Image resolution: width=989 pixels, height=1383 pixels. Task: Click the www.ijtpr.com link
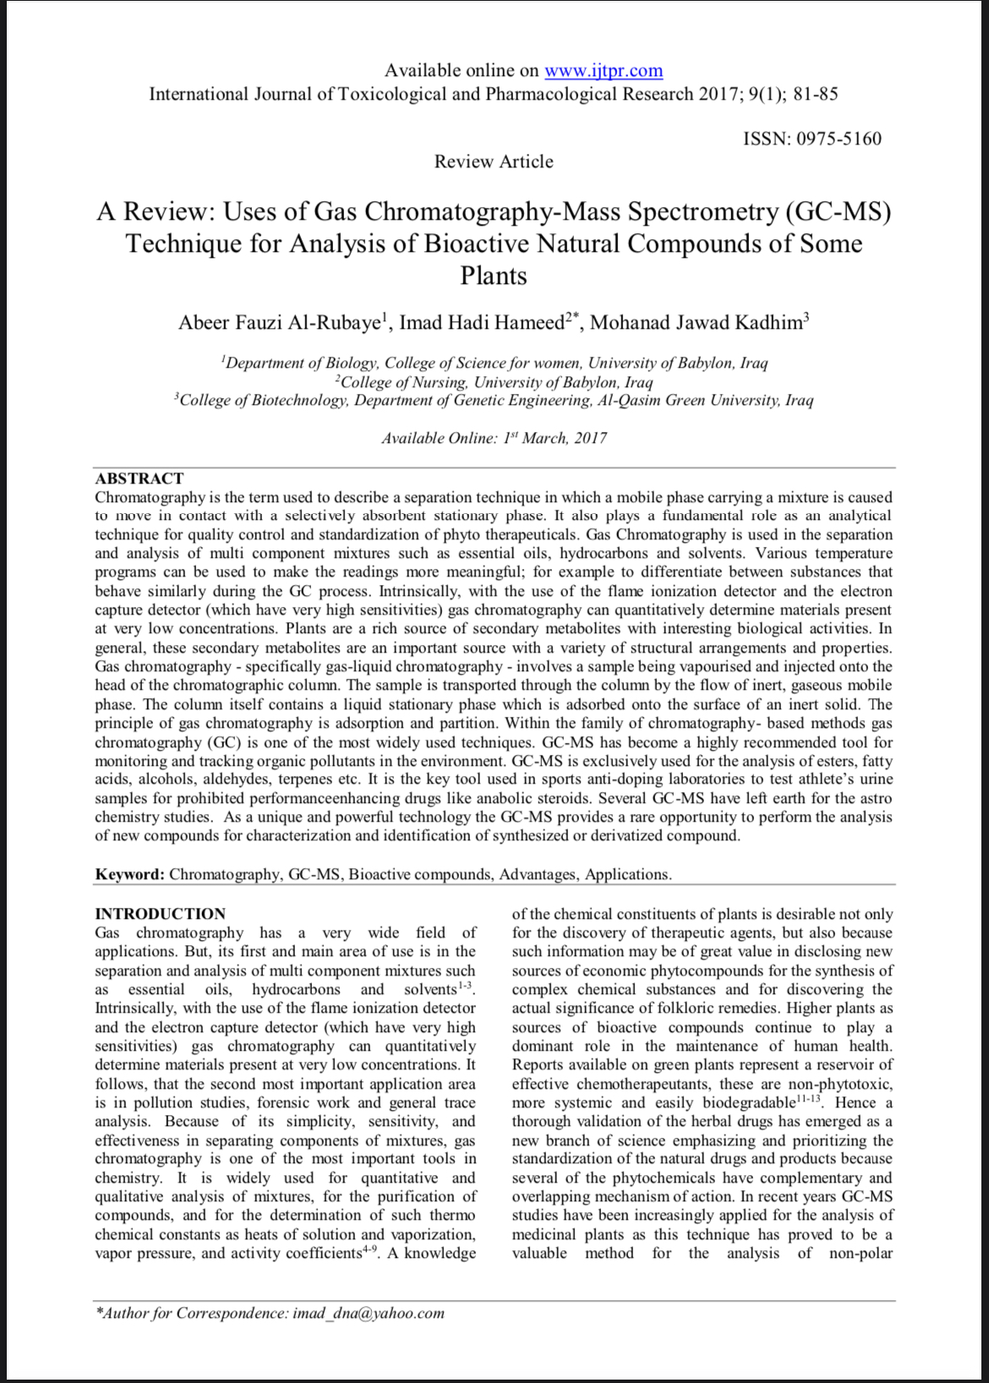[x=604, y=71]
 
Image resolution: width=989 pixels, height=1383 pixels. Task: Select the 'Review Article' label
[x=494, y=161]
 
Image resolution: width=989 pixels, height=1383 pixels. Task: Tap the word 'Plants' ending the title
[x=494, y=276]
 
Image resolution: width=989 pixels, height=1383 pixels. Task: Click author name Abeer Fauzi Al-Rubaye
[x=279, y=323]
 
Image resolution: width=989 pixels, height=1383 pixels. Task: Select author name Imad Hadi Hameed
[x=481, y=323]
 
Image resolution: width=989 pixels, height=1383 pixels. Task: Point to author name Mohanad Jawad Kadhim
[x=696, y=323]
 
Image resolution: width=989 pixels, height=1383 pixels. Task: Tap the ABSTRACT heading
[x=139, y=478]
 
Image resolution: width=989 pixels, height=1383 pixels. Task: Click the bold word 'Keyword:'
[x=129, y=874]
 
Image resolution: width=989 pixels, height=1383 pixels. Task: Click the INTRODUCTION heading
[x=160, y=914]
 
